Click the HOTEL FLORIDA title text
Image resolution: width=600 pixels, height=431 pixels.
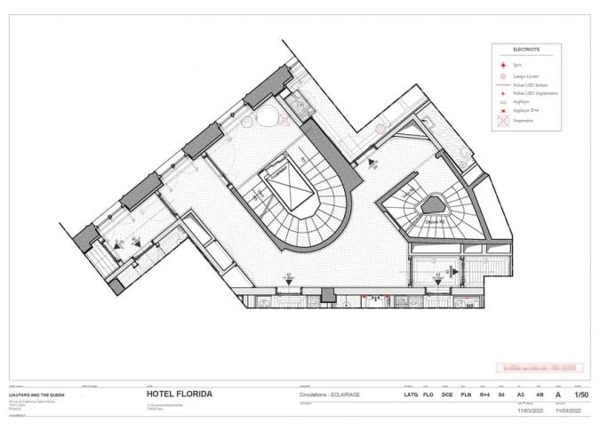pos(179,394)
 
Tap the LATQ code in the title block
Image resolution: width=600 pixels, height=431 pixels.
pos(411,394)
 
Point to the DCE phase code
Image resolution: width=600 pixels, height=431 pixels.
pos(448,394)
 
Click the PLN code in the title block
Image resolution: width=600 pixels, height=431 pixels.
pos(468,394)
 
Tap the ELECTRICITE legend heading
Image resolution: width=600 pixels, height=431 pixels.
pos(525,50)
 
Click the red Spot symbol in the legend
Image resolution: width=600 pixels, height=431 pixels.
pos(503,65)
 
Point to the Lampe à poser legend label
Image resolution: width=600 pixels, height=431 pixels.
pos(524,77)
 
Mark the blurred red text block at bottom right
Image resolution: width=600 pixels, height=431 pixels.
pos(539,365)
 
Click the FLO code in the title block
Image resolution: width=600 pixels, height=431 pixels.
pos(429,394)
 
